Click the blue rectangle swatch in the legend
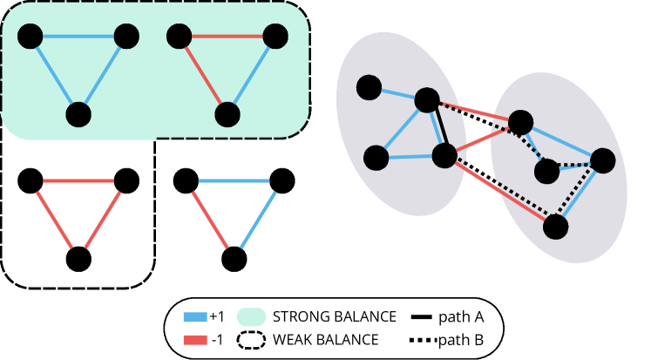click(x=195, y=317)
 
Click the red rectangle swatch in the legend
click(x=195, y=340)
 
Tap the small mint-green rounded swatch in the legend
click(x=251, y=316)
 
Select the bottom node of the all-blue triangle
click(x=78, y=114)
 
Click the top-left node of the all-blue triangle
click(x=31, y=37)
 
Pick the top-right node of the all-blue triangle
click(x=126, y=37)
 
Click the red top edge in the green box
click(x=227, y=37)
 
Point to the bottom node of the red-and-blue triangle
click(x=227, y=114)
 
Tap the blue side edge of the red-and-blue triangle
click(x=253, y=74)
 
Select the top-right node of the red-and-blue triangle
click(x=275, y=37)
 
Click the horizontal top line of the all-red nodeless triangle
click(x=78, y=181)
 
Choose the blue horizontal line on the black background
click(x=234, y=181)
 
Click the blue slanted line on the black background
click(x=258, y=220)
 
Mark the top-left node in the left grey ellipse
click(x=369, y=87)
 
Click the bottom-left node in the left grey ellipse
click(x=376, y=158)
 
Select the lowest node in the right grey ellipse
click(x=555, y=227)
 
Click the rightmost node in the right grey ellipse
click(x=602, y=160)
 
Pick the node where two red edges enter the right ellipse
click(x=520, y=122)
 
